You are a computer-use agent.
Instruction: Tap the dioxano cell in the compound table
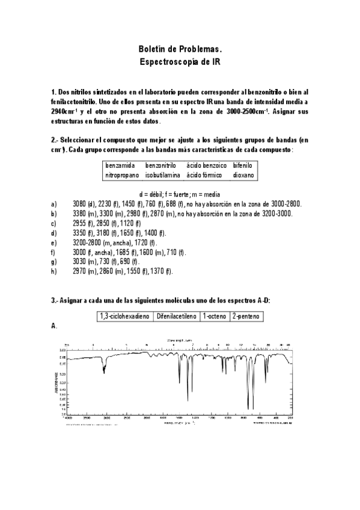click(x=243, y=175)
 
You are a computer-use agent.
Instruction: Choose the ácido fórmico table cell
click(x=204, y=175)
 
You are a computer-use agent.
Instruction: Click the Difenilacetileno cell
click(x=177, y=315)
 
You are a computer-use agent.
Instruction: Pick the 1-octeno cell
click(x=215, y=315)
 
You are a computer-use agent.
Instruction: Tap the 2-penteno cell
click(x=246, y=315)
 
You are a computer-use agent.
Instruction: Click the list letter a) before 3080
click(x=54, y=204)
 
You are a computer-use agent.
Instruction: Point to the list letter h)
click(x=54, y=271)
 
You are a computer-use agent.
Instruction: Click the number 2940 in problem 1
click(x=63, y=112)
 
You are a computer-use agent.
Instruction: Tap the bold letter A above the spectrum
click(x=54, y=325)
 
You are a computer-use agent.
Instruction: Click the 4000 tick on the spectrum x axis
click(x=68, y=417)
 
